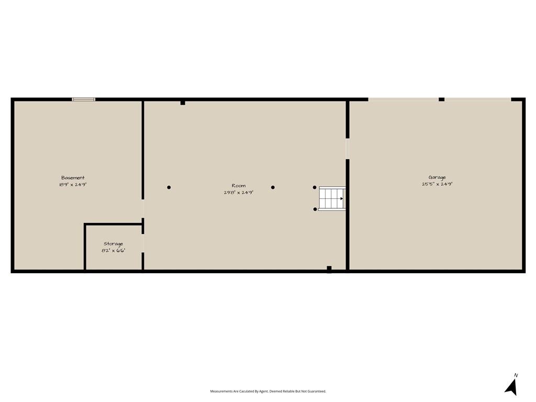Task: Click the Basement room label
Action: point(73,178)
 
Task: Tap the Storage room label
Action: point(113,244)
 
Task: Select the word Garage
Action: point(437,177)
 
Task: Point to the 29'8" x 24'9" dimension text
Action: point(239,192)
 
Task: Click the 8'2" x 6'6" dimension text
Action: point(113,251)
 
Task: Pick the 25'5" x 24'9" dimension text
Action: point(437,184)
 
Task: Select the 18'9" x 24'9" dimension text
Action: point(73,185)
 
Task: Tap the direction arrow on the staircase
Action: point(340,198)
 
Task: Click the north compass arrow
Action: point(511,387)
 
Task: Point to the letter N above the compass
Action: point(516,375)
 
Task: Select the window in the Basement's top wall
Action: point(84,99)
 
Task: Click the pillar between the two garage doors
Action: point(441,99)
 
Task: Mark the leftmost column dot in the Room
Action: point(169,187)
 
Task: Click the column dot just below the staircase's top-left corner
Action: point(315,209)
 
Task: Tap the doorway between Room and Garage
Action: point(347,149)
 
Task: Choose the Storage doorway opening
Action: point(142,243)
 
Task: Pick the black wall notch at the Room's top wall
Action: point(183,103)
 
